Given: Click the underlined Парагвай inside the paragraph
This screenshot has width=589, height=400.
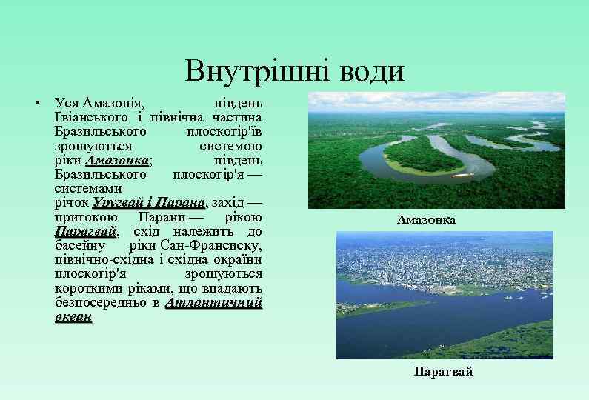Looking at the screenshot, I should click(85, 232).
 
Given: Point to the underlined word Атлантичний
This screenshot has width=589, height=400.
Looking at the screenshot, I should click(213, 304).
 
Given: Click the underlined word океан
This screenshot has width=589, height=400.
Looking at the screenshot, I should click(73, 318).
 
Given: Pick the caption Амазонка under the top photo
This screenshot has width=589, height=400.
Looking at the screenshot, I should click(426, 220).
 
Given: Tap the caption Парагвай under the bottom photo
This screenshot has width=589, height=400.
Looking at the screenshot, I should click(443, 372).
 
